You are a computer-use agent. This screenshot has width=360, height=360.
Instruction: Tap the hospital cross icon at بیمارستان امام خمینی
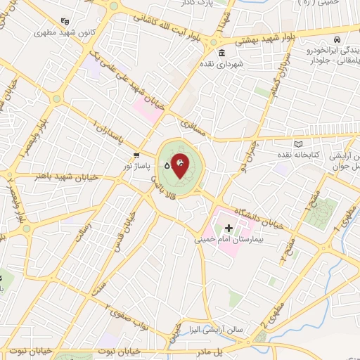tap(229, 228)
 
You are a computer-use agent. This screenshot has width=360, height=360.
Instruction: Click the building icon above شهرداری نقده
tap(221, 54)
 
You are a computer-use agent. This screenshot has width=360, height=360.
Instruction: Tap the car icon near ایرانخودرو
tap(338, 40)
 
